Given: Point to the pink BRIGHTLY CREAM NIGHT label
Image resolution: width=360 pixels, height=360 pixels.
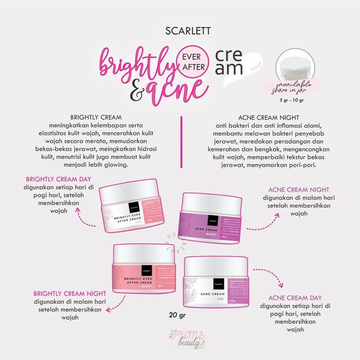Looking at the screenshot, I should pos(62,293).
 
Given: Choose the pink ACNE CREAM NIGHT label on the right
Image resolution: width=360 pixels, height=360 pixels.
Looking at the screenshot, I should pos(299,189).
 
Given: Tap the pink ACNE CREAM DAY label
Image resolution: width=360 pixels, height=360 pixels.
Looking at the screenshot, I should pos(295,297).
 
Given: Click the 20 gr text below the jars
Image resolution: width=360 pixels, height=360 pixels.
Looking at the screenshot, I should pos(173,315).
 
